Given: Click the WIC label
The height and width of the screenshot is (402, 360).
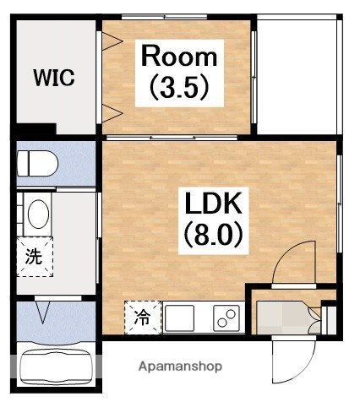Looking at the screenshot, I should tap(54, 78).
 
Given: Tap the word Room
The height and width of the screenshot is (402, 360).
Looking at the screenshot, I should tap(179, 57).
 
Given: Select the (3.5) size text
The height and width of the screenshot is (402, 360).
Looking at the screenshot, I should tap(179, 87).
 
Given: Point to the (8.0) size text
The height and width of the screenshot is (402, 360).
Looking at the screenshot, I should tap(214, 235).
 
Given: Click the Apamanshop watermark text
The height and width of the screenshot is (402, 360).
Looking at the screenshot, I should tap(180, 367).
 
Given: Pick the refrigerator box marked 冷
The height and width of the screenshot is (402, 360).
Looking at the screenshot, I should tap(142, 318).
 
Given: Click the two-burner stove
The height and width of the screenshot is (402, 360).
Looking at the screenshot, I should tap(226, 318).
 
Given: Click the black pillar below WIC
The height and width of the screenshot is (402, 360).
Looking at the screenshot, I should tap(35, 130).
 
